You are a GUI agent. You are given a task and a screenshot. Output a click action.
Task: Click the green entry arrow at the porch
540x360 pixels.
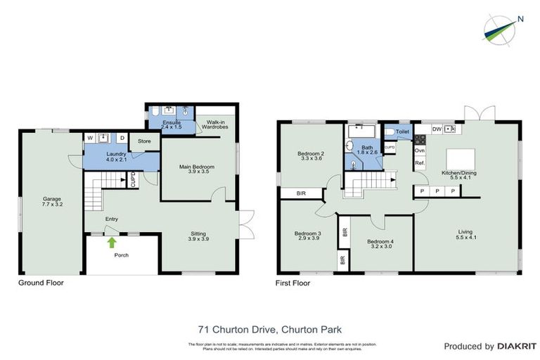(111, 243)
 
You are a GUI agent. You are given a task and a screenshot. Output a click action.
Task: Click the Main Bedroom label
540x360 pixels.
(197, 167)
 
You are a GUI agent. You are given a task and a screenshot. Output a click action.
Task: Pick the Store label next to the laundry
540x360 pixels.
(144, 141)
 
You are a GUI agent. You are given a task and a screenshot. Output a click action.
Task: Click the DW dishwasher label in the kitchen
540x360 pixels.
(437, 129)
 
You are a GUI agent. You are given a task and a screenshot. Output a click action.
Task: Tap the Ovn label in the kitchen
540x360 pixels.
(420, 150)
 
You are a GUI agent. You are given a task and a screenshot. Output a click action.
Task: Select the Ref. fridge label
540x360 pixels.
(420, 163)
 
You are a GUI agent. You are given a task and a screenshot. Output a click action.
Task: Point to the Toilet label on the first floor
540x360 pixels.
(402, 131)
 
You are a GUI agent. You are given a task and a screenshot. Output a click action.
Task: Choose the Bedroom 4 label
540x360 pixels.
(380, 243)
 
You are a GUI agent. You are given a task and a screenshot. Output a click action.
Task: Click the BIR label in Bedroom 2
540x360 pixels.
(301, 193)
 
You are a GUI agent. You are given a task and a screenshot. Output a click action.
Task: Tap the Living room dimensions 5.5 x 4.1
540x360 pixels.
(465, 238)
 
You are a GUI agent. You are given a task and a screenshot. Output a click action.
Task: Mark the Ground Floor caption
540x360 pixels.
(41, 283)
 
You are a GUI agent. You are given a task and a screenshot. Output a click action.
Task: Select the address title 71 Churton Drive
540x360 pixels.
(269, 328)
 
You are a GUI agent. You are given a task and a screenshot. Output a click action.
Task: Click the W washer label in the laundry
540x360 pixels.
(90, 137)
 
